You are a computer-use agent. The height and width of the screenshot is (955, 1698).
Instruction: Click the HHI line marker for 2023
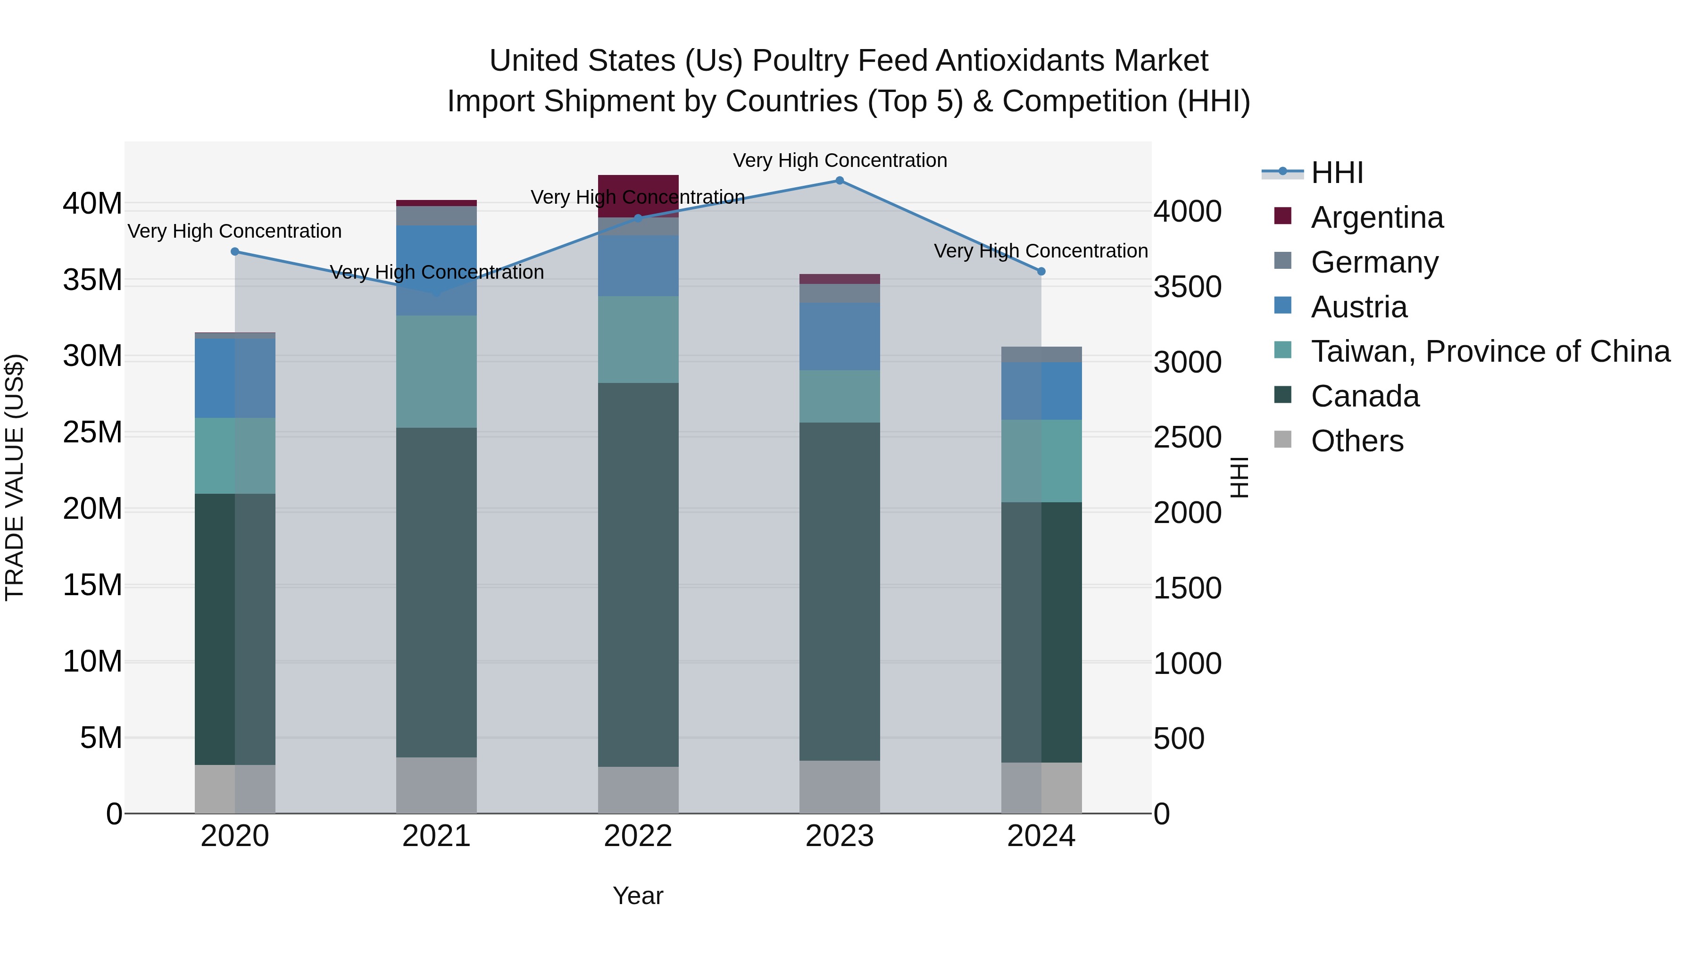click(839, 181)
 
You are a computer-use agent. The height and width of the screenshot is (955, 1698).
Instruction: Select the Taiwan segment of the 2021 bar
click(436, 372)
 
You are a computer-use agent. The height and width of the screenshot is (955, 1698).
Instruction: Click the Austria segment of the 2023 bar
click(839, 336)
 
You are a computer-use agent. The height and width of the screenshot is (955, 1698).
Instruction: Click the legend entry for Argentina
click(1376, 217)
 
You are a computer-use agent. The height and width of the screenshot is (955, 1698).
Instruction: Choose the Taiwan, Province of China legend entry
click(1490, 351)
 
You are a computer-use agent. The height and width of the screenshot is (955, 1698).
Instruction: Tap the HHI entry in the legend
click(1336, 173)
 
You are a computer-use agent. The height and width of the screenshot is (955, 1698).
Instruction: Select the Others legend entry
click(1357, 441)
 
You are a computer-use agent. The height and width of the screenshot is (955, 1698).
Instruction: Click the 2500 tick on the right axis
click(1187, 438)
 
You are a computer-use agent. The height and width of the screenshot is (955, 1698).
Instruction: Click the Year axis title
click(637, 896)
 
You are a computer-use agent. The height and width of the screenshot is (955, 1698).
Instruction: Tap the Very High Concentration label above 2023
click(839, 160)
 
